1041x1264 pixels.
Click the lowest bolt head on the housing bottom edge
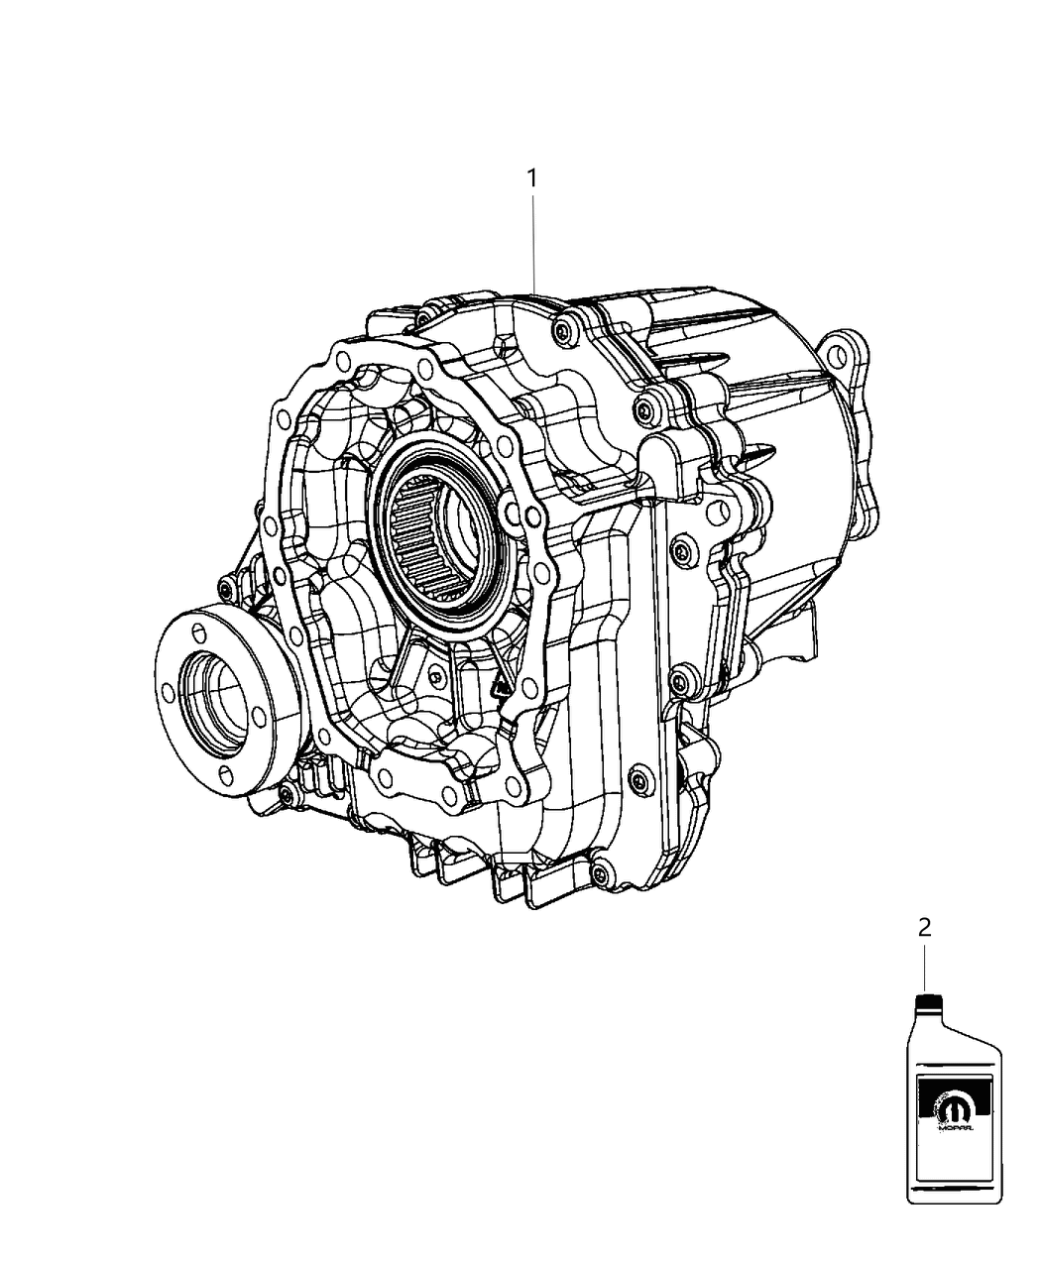pyautogui.click(x=599, y=872)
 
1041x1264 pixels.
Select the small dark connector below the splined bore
pyautogui.click(x=496, y=684)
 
